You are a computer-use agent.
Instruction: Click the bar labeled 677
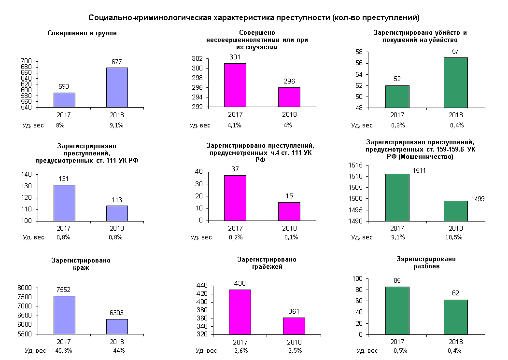tap(117, 87)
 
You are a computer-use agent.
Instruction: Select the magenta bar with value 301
tap(235, 85)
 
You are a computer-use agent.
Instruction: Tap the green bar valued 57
tap(455, 83)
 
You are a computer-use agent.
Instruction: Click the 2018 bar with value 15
tap(289, 211)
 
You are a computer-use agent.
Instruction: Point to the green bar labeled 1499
tap(455, 211)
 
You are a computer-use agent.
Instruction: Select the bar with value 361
tap(294, 326)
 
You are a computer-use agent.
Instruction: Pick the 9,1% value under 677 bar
tap(116, 125)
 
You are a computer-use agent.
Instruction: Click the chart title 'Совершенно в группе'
tap(82, 33)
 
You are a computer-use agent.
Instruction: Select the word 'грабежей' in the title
tap(267, 267)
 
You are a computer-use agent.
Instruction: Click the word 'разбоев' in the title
tap(426, 266)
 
